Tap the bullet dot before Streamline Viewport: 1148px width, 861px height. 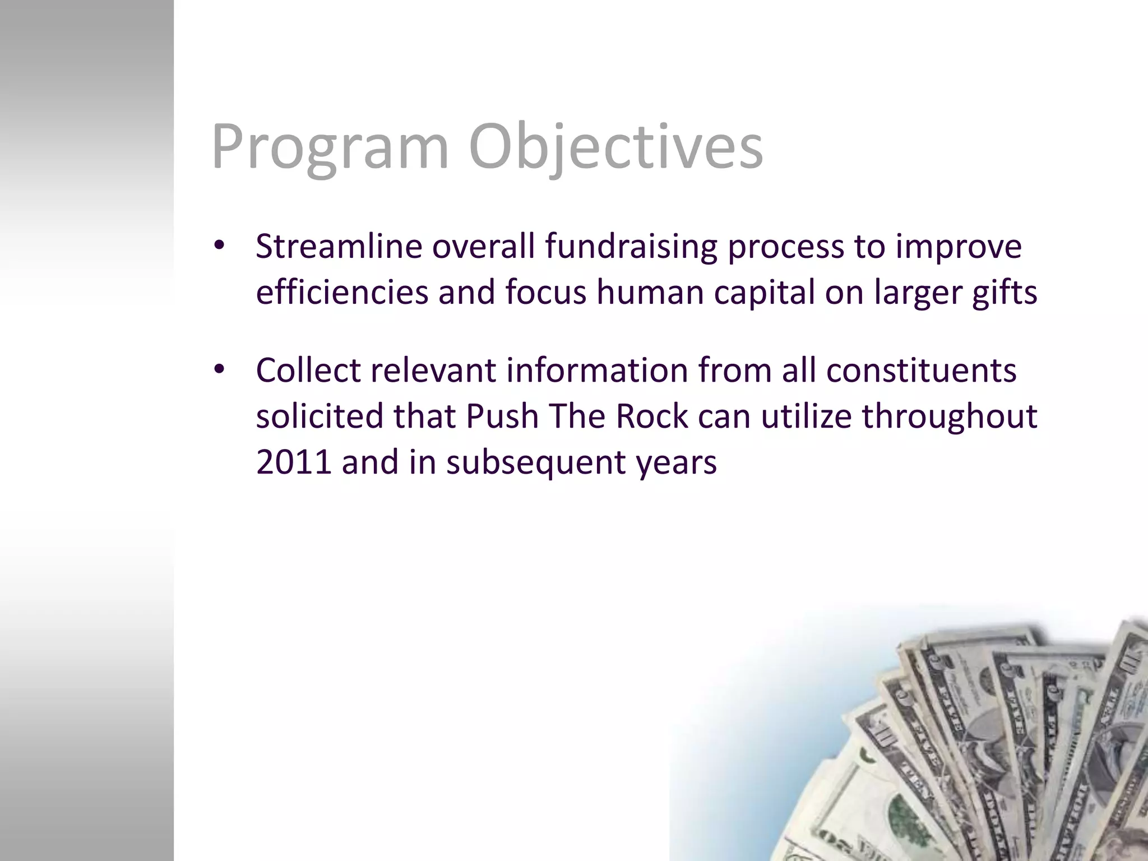coord(219,246)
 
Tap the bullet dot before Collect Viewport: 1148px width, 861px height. coord(219,369)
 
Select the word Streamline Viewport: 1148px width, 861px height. coord(339,247)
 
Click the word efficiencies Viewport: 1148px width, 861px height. coord(341,293)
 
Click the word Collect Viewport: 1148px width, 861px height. coord(308,371)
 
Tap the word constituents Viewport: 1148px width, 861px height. coord(921,371)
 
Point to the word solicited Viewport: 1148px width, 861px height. coord(319,416)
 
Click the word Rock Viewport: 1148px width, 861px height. coord(651,416)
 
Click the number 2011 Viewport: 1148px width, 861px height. coord(293,462)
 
